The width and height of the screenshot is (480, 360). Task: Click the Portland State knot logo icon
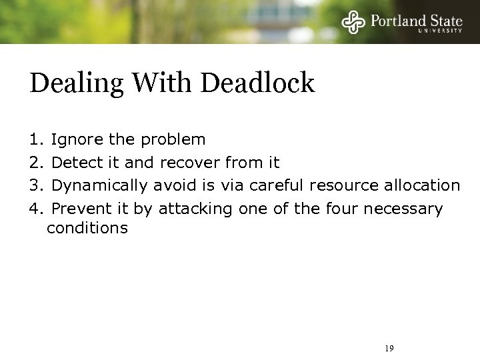(x=354, y=23)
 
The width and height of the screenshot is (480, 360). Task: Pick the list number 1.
(x=35, y=140)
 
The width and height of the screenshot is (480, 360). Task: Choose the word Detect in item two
(x=75, y=163)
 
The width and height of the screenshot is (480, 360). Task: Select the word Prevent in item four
(x=78, y=209)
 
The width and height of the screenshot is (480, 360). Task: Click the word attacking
(x=192, y=209)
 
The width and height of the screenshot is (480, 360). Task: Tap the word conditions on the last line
(x=87, y=229)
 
